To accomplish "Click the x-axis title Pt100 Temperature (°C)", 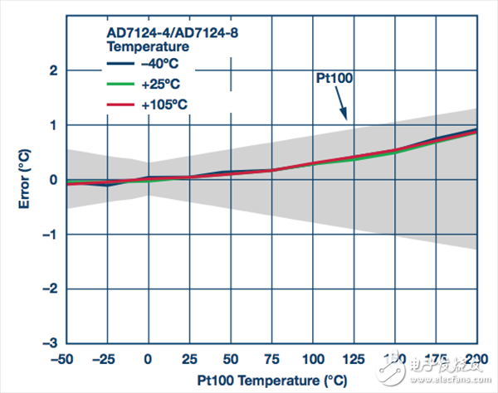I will coord(271,381).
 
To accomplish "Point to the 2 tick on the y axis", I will coord(52,70).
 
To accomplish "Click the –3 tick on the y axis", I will coord(49,343).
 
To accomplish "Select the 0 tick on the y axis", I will coord(52,180).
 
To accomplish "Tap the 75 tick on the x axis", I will coord(271,359).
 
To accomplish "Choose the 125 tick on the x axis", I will coord(354,359).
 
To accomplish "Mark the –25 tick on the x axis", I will coord(106,359).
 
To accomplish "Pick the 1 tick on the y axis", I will coord(52,125).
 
